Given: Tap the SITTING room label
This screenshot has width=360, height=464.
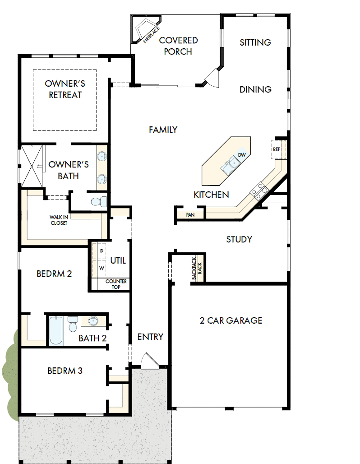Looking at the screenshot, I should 255,42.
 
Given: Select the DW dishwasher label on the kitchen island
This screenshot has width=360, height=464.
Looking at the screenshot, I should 242,155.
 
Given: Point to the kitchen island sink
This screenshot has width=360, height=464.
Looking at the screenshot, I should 230,166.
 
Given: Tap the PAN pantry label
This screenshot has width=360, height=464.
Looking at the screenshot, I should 190,215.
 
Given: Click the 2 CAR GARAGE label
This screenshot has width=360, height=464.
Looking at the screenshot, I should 231,320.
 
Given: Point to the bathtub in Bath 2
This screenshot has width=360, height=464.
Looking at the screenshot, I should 56,330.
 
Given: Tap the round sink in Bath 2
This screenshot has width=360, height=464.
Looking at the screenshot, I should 93,321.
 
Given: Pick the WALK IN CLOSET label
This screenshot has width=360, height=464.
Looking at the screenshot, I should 59,220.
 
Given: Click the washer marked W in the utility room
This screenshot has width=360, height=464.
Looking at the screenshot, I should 101,268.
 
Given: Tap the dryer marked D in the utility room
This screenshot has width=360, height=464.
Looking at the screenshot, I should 102,251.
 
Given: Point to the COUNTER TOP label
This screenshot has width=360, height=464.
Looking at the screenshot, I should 116,284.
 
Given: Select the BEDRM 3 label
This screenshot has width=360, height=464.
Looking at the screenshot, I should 65,371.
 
